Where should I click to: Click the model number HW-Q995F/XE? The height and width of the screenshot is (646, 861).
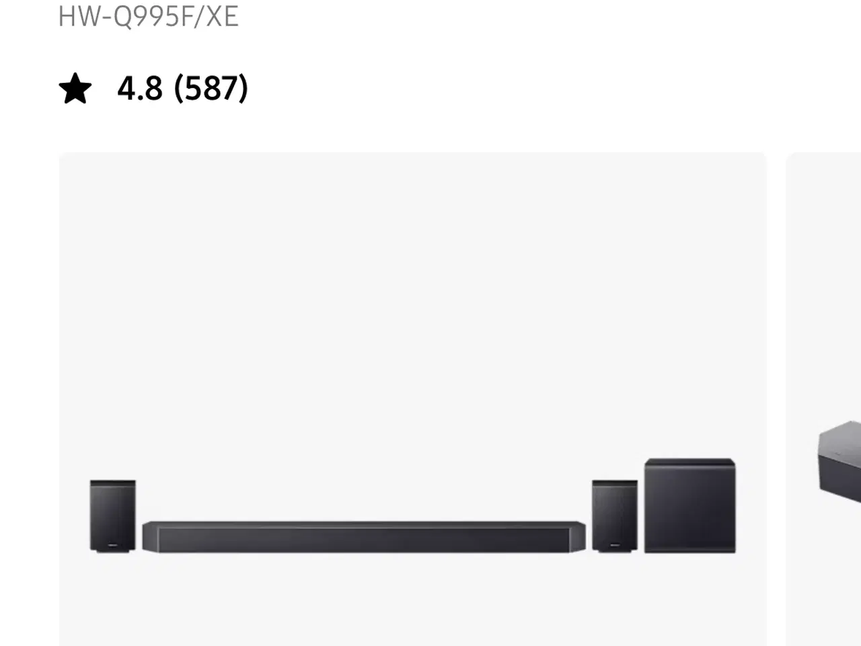coord(148,16)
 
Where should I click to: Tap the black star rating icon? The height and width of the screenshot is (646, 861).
coord(75,88)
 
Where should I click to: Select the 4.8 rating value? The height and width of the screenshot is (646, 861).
coord(140,88)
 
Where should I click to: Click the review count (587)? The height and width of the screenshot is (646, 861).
coord(211,88)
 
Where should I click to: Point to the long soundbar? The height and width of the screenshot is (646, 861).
coord(364,536)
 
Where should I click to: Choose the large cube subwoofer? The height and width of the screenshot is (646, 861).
coord(690,505)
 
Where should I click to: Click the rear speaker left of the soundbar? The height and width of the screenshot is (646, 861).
coord(113,515)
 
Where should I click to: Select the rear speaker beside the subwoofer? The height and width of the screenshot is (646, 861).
coord(615,515)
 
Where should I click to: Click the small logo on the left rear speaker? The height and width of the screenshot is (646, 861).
coord(112,545)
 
